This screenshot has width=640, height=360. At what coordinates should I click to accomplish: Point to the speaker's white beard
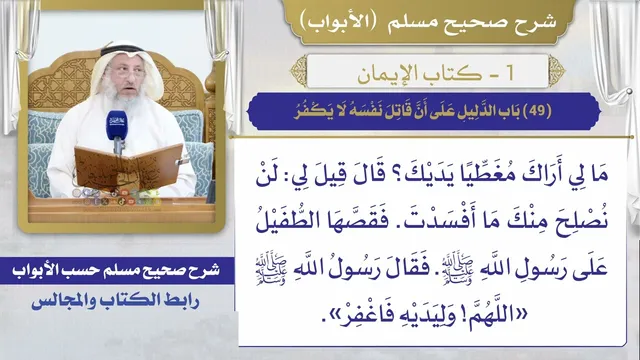[122, 99]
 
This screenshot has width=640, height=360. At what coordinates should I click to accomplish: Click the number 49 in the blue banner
[537, 111]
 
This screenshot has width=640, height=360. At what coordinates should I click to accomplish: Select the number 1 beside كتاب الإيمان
[509, 73]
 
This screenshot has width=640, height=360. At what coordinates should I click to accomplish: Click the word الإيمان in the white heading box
[388, 74]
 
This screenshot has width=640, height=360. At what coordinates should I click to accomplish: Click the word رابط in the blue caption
[182, 301]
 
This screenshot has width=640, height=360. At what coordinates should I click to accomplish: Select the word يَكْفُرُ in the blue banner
[313, 111]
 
